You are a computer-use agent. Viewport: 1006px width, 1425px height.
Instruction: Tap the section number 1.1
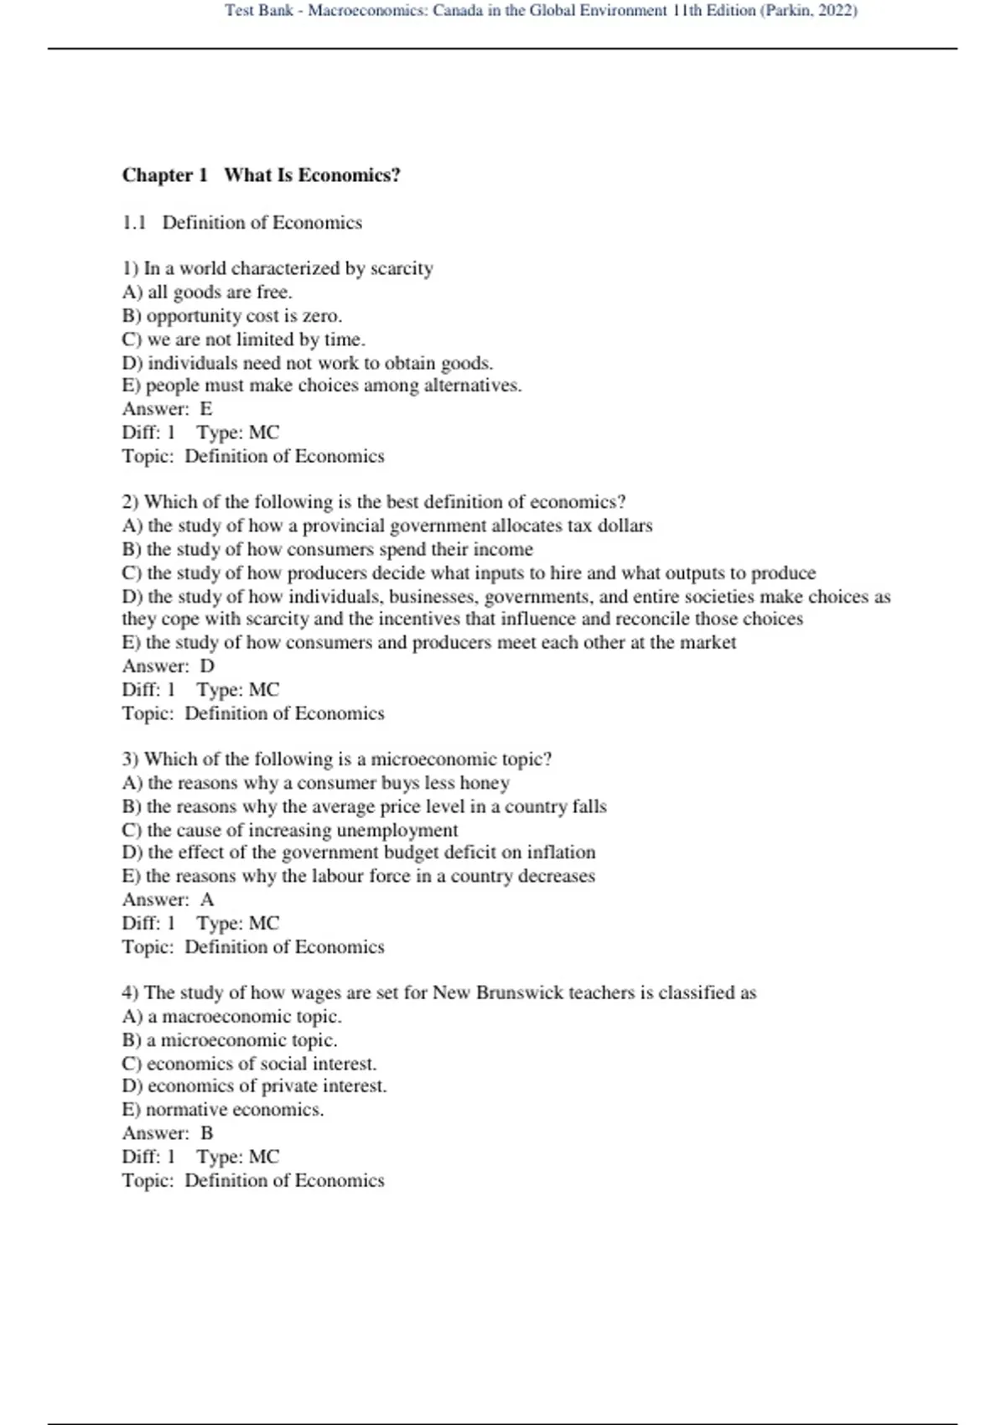coord(134,223)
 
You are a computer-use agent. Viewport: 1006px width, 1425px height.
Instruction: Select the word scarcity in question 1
coord(402,269)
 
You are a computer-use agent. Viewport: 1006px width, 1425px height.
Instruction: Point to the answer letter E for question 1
coord(206,409)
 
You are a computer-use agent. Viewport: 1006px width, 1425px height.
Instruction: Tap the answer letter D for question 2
coord(207,666)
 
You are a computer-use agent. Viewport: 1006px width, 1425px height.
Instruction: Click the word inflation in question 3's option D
coord(561,852)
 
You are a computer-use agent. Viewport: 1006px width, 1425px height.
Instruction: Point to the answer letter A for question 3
coord(207,900)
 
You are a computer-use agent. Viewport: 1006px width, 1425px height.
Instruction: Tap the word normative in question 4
coord(185,1110)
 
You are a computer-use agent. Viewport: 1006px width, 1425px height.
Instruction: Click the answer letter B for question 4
coord(207,1133)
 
